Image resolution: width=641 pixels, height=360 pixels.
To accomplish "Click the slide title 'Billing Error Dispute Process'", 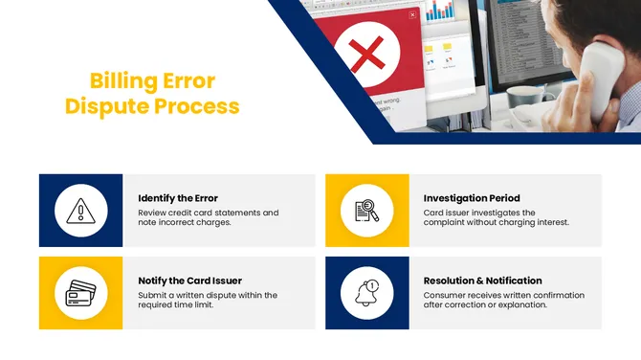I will [x=152, y=93].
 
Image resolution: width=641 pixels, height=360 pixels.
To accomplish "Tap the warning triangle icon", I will [x=80, y=211].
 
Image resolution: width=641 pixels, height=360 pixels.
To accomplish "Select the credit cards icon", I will [x=80, y=293].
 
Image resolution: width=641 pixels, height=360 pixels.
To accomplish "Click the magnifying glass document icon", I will [x=366, y=211].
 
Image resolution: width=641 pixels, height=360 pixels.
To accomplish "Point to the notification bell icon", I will [x=366, y=293].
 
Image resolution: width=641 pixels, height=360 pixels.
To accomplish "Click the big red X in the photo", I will [x=365, y=56].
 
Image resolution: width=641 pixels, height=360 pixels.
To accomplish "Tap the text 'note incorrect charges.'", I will [x=185, y=222].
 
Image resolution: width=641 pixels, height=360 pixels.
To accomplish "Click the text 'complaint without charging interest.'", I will [x=496, y=222].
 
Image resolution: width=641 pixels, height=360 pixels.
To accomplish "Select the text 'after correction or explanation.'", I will [x=485, y=305].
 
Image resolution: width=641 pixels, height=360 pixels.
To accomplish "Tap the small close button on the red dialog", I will [x=412, y=14].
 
